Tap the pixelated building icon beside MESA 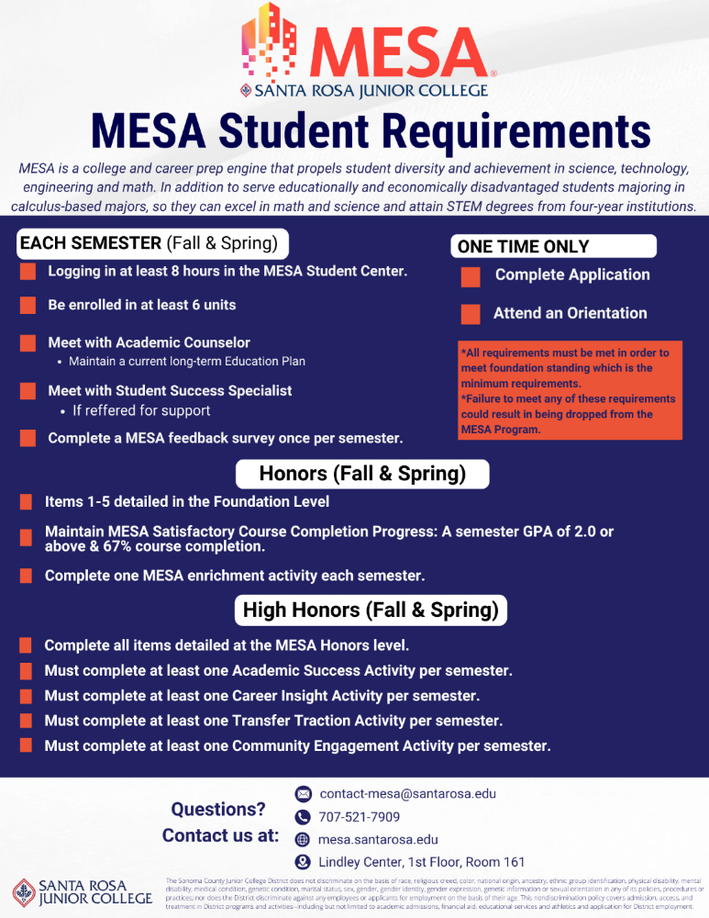pyautogui.click(x=271, y=41)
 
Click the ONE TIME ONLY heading pyautogui.click(x=524, y=246)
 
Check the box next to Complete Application pyautogui.click(x=471, y=276)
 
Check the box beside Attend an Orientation pyautogui.click(x=471, y=314)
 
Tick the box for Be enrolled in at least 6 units pyautogui.click(x=28, y=306)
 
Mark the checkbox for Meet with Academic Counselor pyautogui.click(x=28, y=344)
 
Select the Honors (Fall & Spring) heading pyautogui.click(x=362, y=474)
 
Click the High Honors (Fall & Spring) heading pyautogui.click(x=371, y=610)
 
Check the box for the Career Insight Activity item pyautogui.click(x=26, y=696)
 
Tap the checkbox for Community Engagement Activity pyautogui.click(x=26, y=745)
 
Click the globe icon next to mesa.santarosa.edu pyautogui.click(x=303, y=840)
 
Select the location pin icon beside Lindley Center pyautogui.click(x=303, y=862)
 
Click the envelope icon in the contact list pyautogui.click(x=303, y=793)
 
